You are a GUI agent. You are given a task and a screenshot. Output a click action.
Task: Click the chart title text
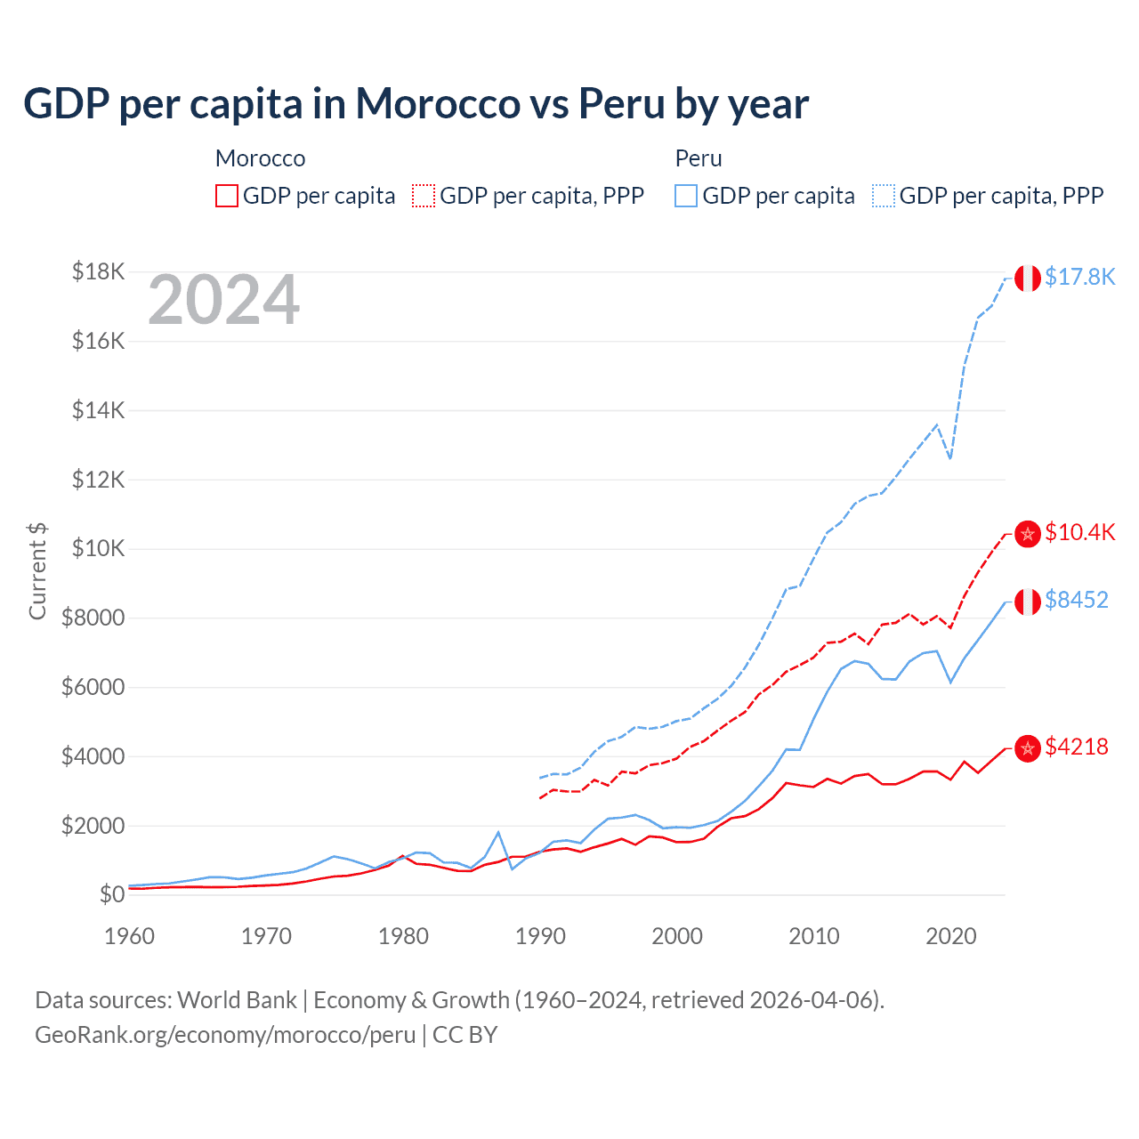(x=416, y=103)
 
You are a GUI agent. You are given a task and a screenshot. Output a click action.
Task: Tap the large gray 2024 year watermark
(x=223, y=300)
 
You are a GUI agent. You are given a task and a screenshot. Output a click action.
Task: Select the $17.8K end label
(x=1079, y=277)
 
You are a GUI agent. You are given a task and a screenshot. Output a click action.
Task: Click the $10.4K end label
(x=1079, y=532)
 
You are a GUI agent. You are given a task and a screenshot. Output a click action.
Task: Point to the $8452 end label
(x=1076, y=600)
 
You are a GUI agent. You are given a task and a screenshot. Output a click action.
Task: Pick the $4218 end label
(x=1076, y=747)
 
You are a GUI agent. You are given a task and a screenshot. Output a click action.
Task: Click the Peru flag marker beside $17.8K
(x=1028, y=278)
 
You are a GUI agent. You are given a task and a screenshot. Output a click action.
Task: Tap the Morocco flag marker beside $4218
(x=1028, y=748)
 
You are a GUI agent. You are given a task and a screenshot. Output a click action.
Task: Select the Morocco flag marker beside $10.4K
(x=1028, y=534)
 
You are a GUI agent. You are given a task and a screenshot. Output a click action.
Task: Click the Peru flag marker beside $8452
(x=1028, y=602)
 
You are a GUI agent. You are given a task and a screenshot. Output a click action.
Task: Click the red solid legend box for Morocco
(x=227, y=196)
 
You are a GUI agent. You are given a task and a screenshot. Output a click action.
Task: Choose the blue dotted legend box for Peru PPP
(x=884, y=196)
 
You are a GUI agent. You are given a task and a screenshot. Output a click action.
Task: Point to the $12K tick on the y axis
(x=98, y=480)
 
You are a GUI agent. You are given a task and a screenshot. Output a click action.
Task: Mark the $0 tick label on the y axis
(x=111, y=894)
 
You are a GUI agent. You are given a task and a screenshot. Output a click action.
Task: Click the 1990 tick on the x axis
(x=540, y=936)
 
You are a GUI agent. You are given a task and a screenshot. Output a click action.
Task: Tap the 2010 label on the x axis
(x=814, y=936)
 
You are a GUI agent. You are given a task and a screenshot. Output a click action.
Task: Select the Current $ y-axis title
(x=37, y=570)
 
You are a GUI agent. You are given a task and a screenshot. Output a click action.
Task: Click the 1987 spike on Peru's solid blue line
(x=498, y=832)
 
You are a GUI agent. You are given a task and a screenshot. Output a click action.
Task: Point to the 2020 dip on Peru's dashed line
(x=950, y=458)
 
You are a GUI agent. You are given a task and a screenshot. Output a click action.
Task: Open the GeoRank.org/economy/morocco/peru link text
(x=225, y=1035)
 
